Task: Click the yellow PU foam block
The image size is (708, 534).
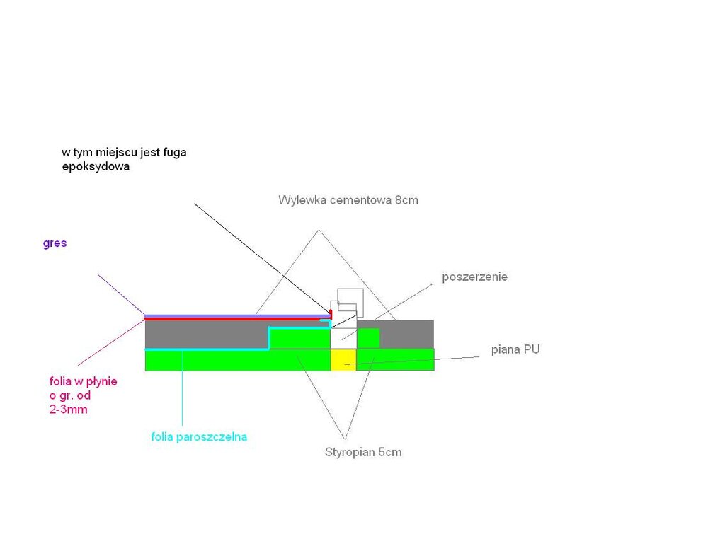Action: pyautogui.click(x=343, y=359)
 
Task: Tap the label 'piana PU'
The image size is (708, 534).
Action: pyautogui.click(x=515, y=349)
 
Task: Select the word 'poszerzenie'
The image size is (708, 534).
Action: pyautogui.click(x=474, y=277)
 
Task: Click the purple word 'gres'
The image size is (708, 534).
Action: pyautogui.click(x=55, y=244)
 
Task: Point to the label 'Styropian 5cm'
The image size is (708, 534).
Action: pyautogui.click(x=359, y=452)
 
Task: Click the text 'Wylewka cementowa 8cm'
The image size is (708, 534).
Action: pyautogui.click(x=348, y=200)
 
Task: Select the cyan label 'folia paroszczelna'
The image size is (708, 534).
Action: pyautogui.click(x=199, y=436)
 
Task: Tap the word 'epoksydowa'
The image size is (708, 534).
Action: pyautogui.click(x=96, y=168)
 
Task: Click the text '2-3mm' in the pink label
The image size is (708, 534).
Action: pyautogui.click(x=68, y=409)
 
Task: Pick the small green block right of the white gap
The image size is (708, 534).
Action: pyautogui.click(x=368, y=338)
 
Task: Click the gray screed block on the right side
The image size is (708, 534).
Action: pyautogui.click(x=406, y=334)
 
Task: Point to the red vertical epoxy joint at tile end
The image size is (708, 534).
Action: pyautogui.click(x=331, y=313)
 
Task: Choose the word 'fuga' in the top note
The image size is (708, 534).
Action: pyautogui.click(x=172, y=152)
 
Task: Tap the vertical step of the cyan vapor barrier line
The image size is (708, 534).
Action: pyautogui.click(x=269, y=338)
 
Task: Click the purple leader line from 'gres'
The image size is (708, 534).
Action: pyautogui.click(x=120, y=294)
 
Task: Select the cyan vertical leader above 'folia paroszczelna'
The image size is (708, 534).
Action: pyautogui.click(x=183, y=389)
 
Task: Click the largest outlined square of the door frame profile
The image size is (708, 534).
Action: pyautogui.click(x=350, y=302)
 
